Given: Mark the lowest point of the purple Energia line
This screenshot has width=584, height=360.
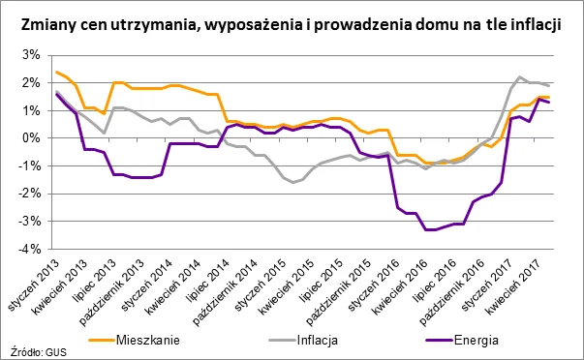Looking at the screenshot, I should [x=430, y=229].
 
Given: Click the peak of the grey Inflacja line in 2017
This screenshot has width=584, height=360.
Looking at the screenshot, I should [x=520, y=76].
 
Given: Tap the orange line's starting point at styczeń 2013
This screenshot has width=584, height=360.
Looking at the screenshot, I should [x=56, y=72].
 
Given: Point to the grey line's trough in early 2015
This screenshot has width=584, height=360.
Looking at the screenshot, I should [x=292, y=182].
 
